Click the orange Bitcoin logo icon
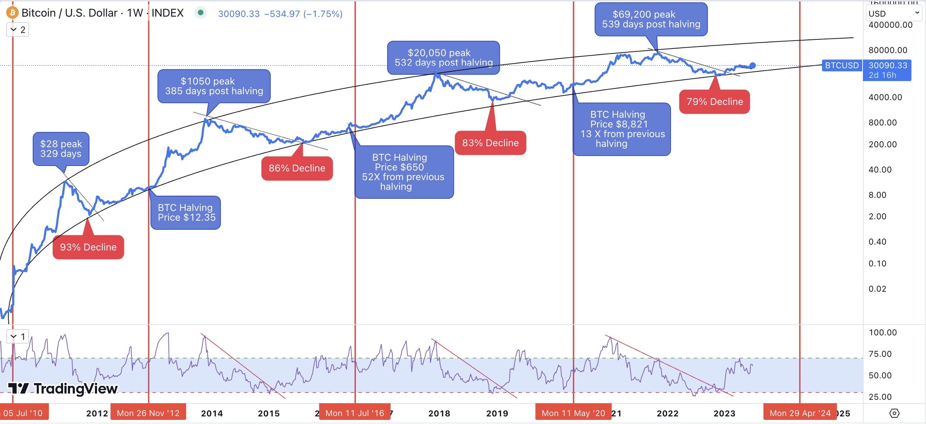(x=12, y=13)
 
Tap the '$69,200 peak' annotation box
(x=651, y=19)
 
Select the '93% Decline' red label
(x=88, y=247)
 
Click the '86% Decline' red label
(x=297, y=168)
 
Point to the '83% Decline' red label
(x=490, y=143)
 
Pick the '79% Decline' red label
(x=714, y=102)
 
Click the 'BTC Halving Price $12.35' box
(x=186, y=212)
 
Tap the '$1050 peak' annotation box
(x=214, y=86)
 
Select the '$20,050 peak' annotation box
(x=443, y=58)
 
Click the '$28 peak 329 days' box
(x=61, y=149)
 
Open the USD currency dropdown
(x=893, y=13)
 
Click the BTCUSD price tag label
(x=841, y=66)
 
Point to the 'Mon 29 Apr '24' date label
(x=800, y=413)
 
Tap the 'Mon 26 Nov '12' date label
(x=148, y=413)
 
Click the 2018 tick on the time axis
(x=439, y=413)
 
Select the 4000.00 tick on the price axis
(x=885, y=97)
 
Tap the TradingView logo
(x=63, y=388)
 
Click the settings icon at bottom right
(x=894, y=413)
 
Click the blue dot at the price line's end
(x=753, y=66)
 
